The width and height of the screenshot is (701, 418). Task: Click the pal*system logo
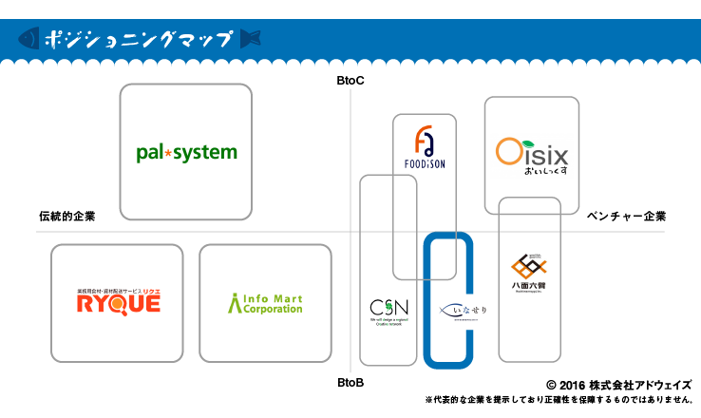click(186, 152)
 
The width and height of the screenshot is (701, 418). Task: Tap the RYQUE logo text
click(119, 303)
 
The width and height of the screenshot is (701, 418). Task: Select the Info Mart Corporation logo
click(265, 304)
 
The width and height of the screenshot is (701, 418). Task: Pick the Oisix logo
click(532, 154)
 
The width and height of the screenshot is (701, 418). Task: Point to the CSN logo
click(388, 310)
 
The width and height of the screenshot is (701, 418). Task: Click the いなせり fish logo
click(463, 311)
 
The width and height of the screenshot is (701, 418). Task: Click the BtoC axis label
click(350, 83)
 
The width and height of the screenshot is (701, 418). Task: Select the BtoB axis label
click(350, 383)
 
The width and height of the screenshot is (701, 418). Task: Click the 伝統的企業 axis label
click(67, 217)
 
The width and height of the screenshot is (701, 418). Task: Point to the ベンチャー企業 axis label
click(627, 217)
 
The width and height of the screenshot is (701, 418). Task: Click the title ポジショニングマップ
click(138, 40)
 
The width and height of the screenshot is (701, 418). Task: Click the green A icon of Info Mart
click(236, 303)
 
